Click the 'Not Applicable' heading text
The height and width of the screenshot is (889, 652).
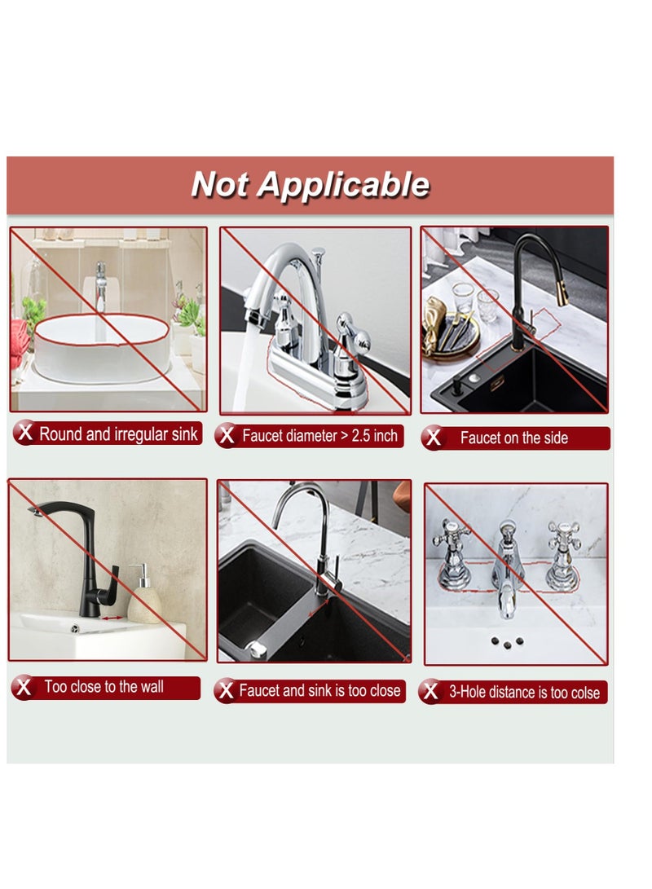[311, 184]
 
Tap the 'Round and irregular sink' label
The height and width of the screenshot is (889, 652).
[118, 434]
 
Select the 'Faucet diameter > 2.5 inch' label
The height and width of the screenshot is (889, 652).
[319, 436]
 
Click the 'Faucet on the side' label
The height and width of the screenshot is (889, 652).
[513, 438]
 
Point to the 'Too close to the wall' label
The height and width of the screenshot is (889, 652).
[104, 687]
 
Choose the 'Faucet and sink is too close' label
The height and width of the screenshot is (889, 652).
[319, 690]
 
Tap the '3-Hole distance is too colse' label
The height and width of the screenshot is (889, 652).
[524, 693]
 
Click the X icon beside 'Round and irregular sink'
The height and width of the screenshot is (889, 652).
[25, 433]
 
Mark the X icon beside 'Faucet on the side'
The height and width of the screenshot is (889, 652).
[434, 438]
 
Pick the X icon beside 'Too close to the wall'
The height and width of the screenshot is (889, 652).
[24, 688]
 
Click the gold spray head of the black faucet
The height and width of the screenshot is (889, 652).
[562, 292]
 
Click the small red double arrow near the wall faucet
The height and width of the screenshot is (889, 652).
[112, 618]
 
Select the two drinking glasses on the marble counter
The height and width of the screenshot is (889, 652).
[474, 300]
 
